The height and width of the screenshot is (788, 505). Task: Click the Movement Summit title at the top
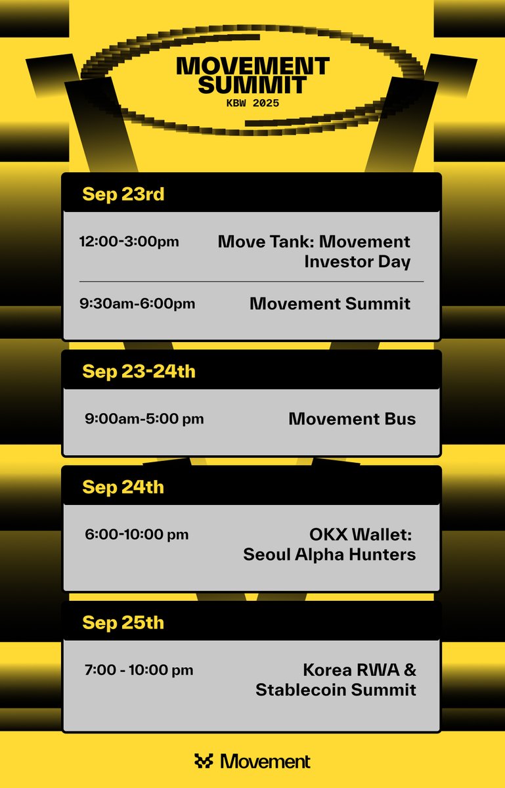[x=253, y=75]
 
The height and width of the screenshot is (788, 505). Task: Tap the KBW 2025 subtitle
[x=253, y=103]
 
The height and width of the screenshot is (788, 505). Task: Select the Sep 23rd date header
[x=123, y=194]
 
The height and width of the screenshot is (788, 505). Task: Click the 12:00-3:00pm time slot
[x=129, y=242]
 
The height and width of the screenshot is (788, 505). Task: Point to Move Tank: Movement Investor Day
[x=314, y=252]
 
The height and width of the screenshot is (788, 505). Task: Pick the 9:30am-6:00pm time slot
[x=137, y=303]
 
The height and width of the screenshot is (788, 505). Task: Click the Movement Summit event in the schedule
[x=330, y=303]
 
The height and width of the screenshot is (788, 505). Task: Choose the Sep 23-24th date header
[x=139, y=372]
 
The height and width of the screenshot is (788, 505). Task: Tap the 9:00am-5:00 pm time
[x=144, y=418]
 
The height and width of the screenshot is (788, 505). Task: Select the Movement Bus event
[x=352, y=418]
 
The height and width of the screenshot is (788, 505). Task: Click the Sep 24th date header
[x=123, y=487]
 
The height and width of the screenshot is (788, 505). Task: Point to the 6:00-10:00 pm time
[x=137, y=535]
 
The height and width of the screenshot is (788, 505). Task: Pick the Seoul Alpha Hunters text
[x=329, y=554]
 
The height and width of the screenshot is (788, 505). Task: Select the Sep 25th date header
[x=123, y=623]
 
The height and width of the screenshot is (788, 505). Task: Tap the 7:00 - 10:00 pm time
[x=139, y=670]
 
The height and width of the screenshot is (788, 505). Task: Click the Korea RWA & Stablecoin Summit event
[x=336, y=680]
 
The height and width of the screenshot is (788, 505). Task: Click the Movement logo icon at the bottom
[x=204, y=761]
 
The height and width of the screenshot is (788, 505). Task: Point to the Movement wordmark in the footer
[x=265, y=761]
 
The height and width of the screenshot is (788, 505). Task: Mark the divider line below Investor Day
[x=252, y=282]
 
